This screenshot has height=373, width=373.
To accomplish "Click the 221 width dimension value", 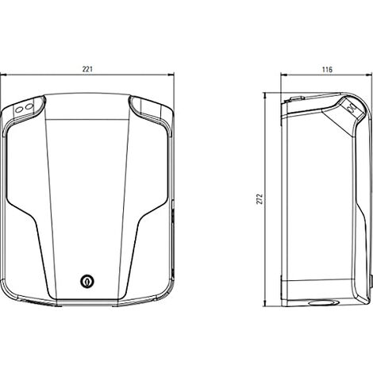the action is (87, 69).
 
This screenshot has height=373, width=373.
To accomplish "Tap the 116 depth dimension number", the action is (327, 70).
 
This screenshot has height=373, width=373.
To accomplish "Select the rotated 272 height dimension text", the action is (260, 199).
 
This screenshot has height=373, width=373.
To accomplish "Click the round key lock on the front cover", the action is (87, 281).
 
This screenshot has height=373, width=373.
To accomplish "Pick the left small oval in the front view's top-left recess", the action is (19, 110).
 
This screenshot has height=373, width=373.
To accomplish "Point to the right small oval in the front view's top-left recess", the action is (29, 106).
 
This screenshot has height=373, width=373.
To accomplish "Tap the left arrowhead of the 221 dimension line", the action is (3, 75).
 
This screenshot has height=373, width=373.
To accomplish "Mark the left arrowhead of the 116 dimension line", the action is (284, 75).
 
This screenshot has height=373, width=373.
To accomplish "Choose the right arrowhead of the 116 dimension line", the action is (369, 75).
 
